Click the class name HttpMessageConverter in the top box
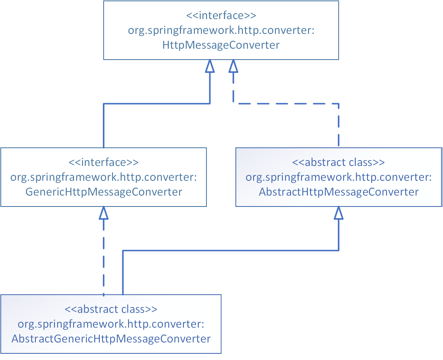pos(221,45)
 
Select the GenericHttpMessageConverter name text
pos(104,192)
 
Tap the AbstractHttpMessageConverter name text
pos(339,192)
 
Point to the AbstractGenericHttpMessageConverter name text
pos(111,339)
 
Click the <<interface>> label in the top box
pos(221,16)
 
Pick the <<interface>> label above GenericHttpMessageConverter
pos(104,162)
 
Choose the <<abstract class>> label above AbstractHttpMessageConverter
pos(339,162)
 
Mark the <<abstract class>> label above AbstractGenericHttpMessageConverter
pos(111,309)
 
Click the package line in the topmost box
pos(221,31)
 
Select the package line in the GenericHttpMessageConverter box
pos(104,177)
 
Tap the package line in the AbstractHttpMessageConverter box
pos(339,177)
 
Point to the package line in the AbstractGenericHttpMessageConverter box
pos(111,324)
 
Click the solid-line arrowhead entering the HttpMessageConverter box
pos(210,66)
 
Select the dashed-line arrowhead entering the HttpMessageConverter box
pos(233,66)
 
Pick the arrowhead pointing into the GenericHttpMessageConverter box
pos(103,213)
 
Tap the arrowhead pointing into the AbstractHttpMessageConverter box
pos(339,213)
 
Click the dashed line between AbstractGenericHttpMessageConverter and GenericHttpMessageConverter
pos(103,257)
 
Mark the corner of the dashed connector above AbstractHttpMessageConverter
pos(339,104)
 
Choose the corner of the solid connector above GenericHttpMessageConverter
pos(104,104)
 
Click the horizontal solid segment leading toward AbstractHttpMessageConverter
pos(230,251)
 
